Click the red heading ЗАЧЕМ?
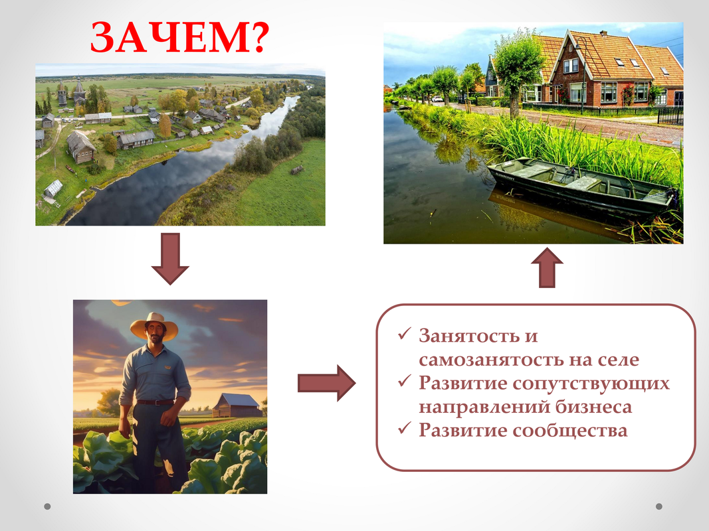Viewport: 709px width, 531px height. pyautogui.click(x=179, y=37)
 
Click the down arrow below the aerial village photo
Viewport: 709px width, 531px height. pyautogui.click(x=170, y=259)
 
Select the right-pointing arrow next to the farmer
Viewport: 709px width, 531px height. pyautogui.click(x=326, y=384)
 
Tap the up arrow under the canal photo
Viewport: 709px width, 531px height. pyautogui.click(x=547, y=267)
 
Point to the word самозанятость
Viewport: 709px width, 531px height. pyautogui.click(x=489, y=360)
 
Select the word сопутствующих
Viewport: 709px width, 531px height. pyautogui.click(x=591, y=384)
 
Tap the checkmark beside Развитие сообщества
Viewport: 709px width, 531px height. pyautogui.click(x=404, y=427)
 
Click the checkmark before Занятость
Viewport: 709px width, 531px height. pyautogui.click(x=404, y=334)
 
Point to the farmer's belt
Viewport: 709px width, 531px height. pyautogui.click(x=155, y=402)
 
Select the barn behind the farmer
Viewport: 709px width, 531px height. pyautogui.click(x=237, y=406)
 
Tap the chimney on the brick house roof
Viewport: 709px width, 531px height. pyautogui.click(x=603, y=33)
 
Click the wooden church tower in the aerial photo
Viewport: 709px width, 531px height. pyautogui.click(x=80, y=92)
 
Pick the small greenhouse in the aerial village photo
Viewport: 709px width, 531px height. pyautogui.click(x=53, y=188)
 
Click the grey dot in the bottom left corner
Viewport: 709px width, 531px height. pyautogui.click(x=47, y=506)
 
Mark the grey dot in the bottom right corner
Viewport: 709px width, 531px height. pyautogui.click(x=658, y=506)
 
